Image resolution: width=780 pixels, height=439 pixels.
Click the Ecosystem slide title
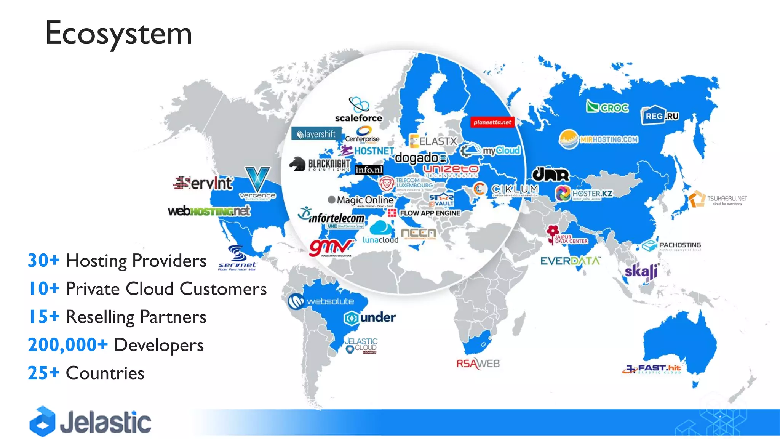point(118,33)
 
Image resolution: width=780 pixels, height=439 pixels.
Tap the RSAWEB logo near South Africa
point(478,364)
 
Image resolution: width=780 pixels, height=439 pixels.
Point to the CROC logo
point(607,107)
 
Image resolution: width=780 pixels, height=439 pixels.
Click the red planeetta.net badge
point(492,122)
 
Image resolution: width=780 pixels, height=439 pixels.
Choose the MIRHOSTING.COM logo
point(599,139)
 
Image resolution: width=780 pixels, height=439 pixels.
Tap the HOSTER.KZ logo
point(583,194)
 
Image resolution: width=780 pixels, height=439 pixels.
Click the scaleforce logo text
point(358,118)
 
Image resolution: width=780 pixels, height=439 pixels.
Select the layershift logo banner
point(316,134)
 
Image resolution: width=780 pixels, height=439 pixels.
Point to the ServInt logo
point(203,183)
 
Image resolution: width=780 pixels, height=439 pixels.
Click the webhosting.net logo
point(209,211)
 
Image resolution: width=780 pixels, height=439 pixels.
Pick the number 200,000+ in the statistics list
point(68,345)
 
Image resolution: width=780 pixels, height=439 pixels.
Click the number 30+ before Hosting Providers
point(43,261)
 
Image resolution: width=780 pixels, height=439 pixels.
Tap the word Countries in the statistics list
point(105,373)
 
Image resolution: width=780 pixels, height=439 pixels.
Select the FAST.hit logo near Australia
point(652,369)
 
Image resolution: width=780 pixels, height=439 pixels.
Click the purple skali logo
point(642,271)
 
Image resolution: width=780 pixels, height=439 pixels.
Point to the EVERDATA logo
point(570,261)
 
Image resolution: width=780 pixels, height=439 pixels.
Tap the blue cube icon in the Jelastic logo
point(43,421)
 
